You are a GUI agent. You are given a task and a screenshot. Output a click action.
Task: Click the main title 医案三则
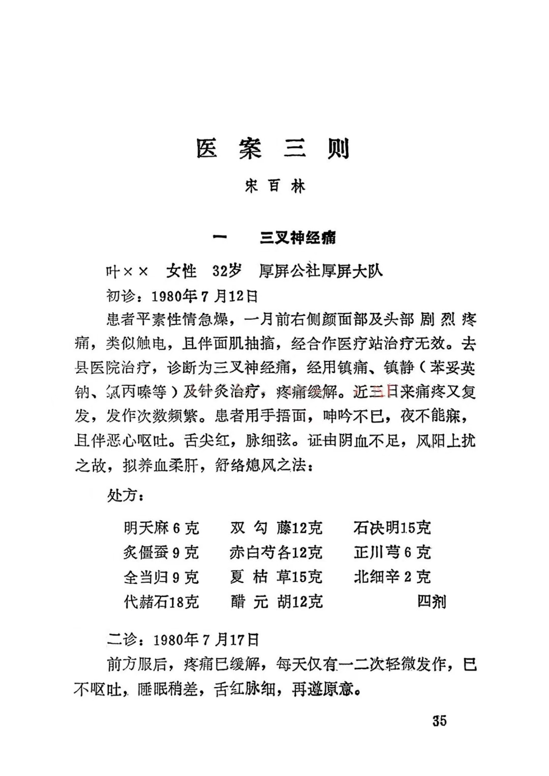tap(273, 148)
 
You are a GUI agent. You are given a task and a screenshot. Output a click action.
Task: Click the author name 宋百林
tap(274, 187)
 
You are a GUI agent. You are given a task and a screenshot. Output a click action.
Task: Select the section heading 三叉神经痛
tap(297, 237)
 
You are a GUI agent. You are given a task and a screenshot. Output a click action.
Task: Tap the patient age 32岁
tap(227, 271)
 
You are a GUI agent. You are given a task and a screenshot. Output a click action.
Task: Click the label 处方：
tap(126, 495)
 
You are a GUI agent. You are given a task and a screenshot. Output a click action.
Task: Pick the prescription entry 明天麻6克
tap(161, 528)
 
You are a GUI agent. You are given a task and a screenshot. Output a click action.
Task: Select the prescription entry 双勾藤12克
tap(276, 528)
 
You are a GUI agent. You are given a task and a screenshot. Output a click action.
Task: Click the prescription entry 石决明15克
tap(392, 528)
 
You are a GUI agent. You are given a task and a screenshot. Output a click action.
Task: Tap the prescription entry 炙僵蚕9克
tap(161, 553)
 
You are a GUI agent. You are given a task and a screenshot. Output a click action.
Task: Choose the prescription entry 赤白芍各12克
tap(276, 553)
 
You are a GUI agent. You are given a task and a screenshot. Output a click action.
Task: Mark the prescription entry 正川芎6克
tap(392, 553)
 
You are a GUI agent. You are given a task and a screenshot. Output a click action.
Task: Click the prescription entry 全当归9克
tap(161, 577)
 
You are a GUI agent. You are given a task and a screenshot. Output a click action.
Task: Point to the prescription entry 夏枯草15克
tap(276, 577)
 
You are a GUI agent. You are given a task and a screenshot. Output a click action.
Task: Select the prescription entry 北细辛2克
tap(392, 577)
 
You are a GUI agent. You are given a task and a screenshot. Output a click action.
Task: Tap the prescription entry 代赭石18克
tap(161, 602)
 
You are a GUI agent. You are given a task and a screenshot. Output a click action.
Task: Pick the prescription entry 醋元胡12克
tap(276, 602)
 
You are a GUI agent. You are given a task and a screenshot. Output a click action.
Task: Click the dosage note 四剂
tap(432, 602)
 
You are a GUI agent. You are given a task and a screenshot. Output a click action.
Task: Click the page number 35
tap(439, 721)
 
